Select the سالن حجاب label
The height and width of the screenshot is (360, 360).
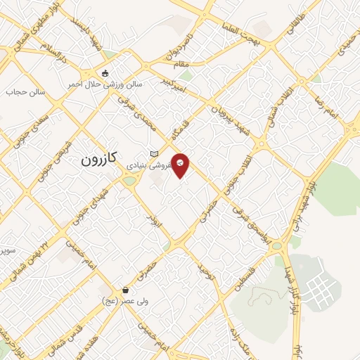[x=25, y=92]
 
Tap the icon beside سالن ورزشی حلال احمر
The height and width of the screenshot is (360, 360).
[x=105, y=72]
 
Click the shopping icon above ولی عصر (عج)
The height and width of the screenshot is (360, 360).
[x=125, y=290]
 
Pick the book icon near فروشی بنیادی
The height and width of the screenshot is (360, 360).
[x=154, y=153]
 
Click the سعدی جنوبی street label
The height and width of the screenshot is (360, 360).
[x=25, y=136]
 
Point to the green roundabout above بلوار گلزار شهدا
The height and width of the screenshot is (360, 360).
[x=276, y=247]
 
